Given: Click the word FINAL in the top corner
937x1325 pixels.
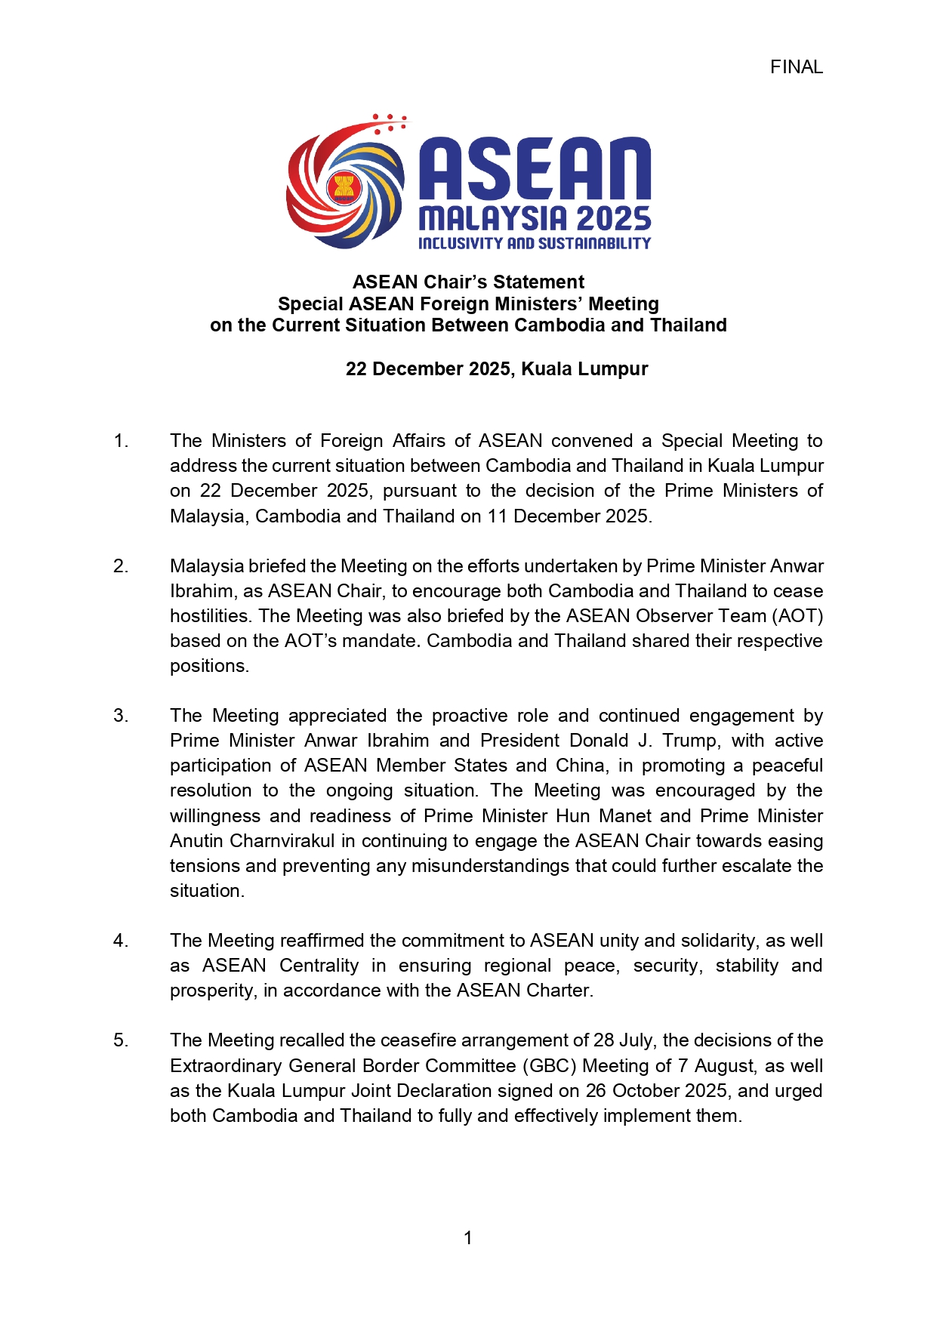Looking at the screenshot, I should (796, 67).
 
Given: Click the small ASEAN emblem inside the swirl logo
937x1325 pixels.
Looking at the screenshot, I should (344, 186).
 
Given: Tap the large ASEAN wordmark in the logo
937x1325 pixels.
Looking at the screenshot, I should (535, 169).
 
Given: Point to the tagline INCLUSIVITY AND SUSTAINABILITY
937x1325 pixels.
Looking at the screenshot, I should (535, 243).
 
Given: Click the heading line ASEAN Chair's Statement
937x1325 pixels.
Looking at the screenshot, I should (468, 282).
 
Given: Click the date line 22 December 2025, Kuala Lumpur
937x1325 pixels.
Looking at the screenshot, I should (497, 369).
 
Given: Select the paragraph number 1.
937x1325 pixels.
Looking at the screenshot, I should (121, 441).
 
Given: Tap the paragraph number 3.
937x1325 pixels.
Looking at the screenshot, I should (121, 716).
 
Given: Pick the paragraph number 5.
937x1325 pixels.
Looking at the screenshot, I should (121, 1040).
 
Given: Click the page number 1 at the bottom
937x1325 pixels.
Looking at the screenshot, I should (468, 1238).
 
